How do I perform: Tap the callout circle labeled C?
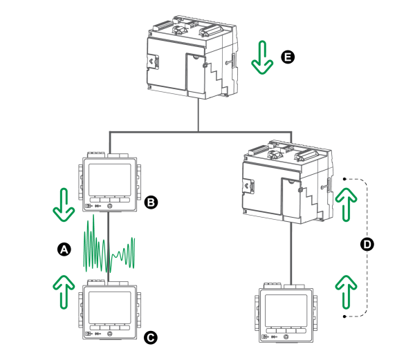tap(151, 337)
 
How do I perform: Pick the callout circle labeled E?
tap(288, 57)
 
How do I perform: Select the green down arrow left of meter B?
tap(64, 205)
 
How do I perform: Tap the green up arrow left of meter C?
tap(64, 290)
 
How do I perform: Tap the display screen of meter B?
tap(110, 179)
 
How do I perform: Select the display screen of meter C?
tap(110, 308)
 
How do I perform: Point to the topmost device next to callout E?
tap(191, 59)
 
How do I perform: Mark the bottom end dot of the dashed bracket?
tap(344, 316)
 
